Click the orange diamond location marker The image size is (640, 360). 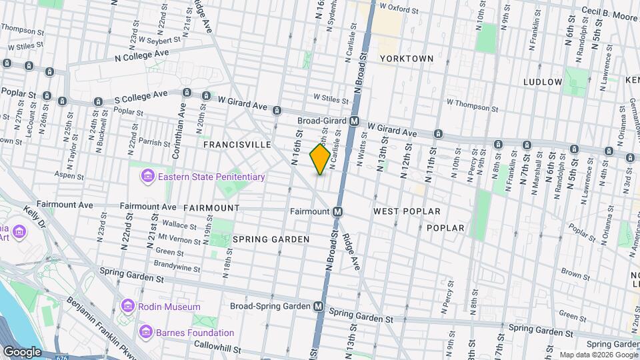click(320, 159)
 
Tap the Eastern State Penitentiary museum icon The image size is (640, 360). click(146, 177)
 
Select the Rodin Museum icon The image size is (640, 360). click(127, 307)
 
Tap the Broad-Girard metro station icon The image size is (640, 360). click(355, 121)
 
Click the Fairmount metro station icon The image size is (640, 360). click(338, 211)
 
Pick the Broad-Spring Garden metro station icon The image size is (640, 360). click(319, 306)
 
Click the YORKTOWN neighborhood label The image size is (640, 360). click(407, 59)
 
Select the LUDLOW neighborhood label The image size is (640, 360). click(543, 82)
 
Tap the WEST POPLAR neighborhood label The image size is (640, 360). click(407, 211)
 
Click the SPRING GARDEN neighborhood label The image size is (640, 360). click(271, 239)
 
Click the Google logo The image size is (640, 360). click(22, 352)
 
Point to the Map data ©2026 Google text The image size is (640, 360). click(598, 355)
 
